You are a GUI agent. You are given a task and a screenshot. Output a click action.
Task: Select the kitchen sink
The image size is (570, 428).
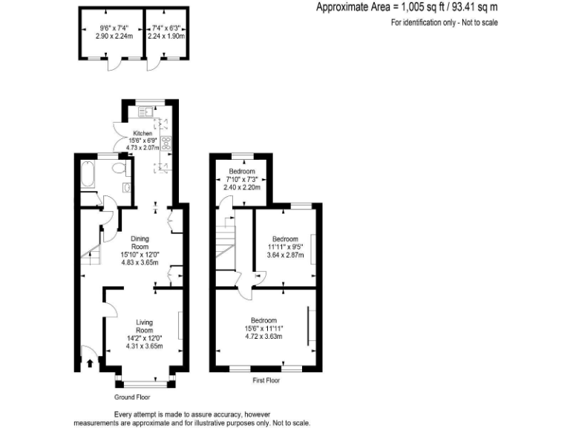pyautogui.click(x=144, y=112)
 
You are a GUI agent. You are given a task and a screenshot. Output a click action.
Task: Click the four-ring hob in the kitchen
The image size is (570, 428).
pyautogui.click(x=165, y=146)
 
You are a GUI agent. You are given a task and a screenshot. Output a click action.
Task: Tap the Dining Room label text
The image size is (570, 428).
pyautogui.click(x=140, y=243)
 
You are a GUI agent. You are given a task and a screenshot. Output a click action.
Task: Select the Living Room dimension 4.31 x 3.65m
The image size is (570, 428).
pyautogui.click(x=144, y=346)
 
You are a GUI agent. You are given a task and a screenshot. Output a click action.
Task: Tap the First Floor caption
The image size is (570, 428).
pyautogui.click(x=267, y=380)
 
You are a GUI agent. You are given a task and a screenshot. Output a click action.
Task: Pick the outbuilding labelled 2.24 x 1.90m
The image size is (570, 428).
pyautogui.click(x=166, y=33)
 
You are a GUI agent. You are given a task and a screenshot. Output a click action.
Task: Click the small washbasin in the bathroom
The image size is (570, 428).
pyautogui.click(x=126, y=187)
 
